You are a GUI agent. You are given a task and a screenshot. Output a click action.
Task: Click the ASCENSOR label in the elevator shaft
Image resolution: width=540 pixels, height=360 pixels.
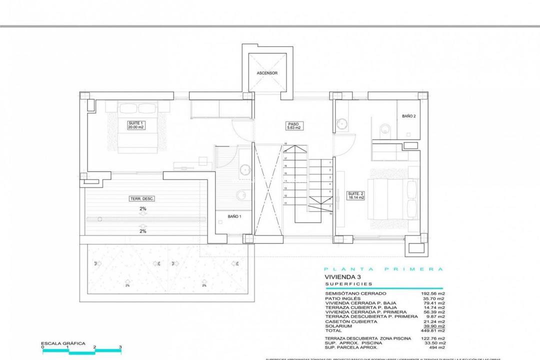[267, 73]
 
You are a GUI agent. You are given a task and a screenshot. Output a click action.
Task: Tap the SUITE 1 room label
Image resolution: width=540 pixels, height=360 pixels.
[135, 125]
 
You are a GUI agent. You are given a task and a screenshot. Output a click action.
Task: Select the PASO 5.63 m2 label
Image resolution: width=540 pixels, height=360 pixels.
[293, 125]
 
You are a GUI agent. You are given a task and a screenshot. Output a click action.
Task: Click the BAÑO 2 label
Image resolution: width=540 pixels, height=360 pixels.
[408, 116]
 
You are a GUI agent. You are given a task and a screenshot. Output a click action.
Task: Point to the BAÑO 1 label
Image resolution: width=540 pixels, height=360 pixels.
[234, 216]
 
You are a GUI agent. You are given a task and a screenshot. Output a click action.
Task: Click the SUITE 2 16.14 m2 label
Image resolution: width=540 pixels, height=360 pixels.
[356, 195]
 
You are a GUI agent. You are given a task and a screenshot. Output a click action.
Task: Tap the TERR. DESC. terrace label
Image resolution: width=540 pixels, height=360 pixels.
[142, 198]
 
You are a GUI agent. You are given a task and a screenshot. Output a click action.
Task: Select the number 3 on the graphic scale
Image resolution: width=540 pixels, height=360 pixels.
[120, 346]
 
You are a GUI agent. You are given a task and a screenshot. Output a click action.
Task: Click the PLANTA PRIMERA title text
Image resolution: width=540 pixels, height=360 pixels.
[384, 269]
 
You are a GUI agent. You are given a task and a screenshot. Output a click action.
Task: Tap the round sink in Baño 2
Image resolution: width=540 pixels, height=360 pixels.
[342, 122]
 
